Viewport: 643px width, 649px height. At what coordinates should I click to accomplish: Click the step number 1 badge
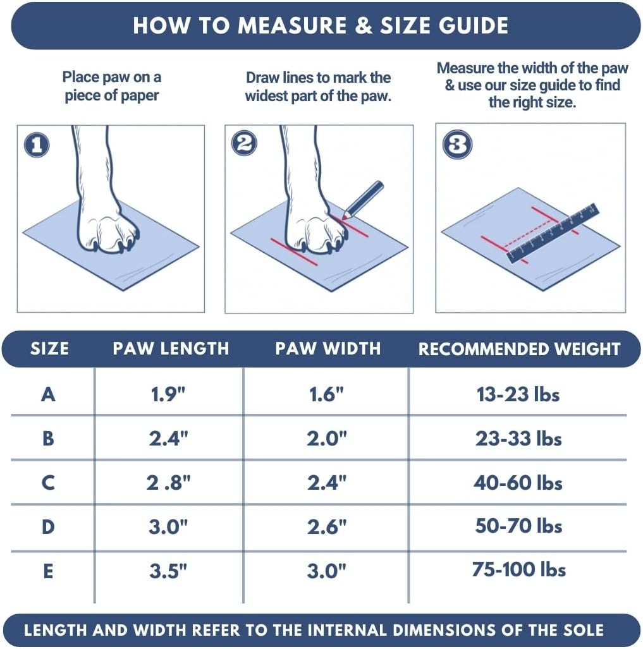36,145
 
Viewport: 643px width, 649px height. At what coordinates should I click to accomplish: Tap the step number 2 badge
244,145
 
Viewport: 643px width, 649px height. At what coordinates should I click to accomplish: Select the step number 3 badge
456,145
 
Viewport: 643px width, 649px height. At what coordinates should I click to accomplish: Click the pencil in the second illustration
363,200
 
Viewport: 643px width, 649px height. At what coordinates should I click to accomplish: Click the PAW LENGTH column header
171,348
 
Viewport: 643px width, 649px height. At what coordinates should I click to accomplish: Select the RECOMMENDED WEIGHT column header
519,349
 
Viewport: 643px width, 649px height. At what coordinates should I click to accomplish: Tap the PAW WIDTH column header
328,348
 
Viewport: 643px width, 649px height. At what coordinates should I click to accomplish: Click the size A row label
48,394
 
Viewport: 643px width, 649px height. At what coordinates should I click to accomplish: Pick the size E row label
48,571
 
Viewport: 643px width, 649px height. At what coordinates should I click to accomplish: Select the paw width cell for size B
327,439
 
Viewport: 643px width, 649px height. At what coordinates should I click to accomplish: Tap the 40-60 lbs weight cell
518,483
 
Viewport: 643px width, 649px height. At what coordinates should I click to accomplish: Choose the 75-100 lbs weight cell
518,569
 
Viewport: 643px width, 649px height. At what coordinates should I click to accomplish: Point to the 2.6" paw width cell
327,526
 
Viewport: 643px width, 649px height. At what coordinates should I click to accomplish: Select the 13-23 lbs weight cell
518,394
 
